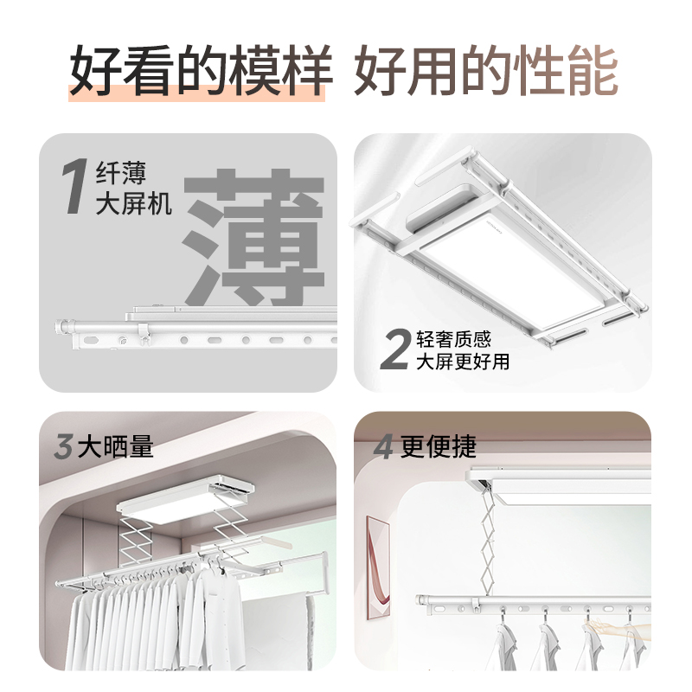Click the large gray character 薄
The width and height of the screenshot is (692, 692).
[x=254, y=236]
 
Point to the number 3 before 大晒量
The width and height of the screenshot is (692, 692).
[x=62, y=446]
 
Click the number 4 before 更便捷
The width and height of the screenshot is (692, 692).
[x=383, y=446]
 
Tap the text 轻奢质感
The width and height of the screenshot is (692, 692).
[x=453, y=339]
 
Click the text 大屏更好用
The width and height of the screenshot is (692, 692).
[x=463, y=362]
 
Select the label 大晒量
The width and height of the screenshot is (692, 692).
[x=116, y=446]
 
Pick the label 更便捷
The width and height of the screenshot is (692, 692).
[x=438, y=446]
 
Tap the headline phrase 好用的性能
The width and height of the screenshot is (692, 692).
[x=486, y=70]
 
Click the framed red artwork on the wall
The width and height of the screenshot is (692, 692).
[x=378, y=567]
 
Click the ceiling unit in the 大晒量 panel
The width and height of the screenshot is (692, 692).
[x=186, y=499]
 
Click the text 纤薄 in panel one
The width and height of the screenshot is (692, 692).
[x=120, y=173]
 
